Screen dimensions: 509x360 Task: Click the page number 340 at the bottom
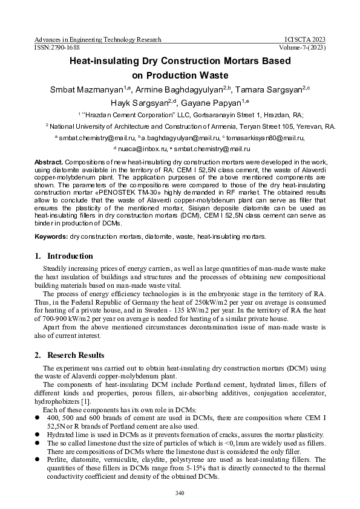click(x=179, y=493)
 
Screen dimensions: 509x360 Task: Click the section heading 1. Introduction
click(x=64, y=256)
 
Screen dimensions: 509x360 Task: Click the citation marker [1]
click(x=85, y=401)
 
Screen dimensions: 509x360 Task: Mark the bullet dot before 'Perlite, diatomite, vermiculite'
click(x=38, y=459)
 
